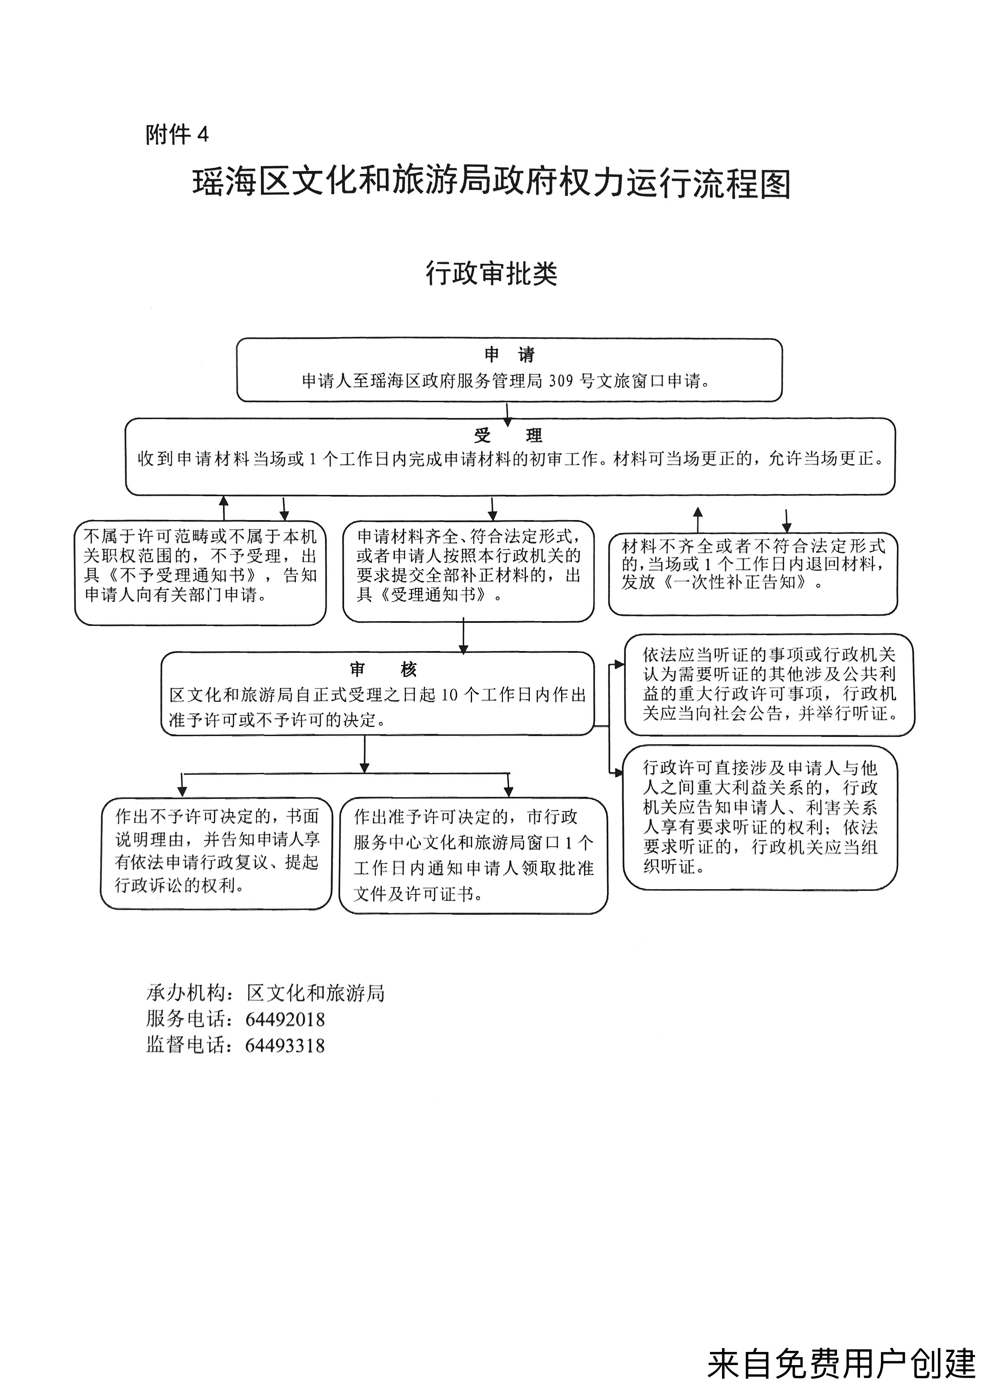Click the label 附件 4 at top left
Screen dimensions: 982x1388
pyautogui.click(x=177, y=134)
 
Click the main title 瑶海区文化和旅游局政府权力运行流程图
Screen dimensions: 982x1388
pyautogui.click(x=492, y=183)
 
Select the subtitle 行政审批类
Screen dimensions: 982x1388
pyautogui.click(x=491, y=273)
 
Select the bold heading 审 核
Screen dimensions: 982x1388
pyautogui.click(x=383, y=669)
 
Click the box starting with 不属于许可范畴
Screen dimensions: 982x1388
pyautogui.click(x=200, y=573)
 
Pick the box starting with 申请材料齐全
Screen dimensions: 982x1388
pyautogui.click(x=468, y=571)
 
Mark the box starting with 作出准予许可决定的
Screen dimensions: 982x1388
pyautogui.click(x=473, y=855)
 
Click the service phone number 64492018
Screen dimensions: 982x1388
pyautogui.click(x=285, y=1020)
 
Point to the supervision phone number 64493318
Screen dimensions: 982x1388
pyautogui.click(x=285, y=1046)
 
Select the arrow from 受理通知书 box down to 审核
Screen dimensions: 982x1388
pyautogui.click(x=463, y=636)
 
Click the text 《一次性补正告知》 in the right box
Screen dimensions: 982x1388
pyautogui.click(x=735, y=583)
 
